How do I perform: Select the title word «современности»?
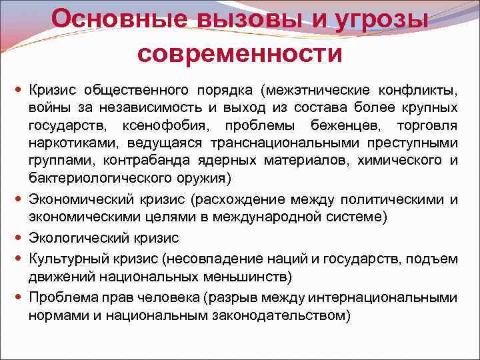click(x=240, y=52)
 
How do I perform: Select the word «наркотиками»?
click(x=65, y=143)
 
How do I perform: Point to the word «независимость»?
click(x=137, y=107)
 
